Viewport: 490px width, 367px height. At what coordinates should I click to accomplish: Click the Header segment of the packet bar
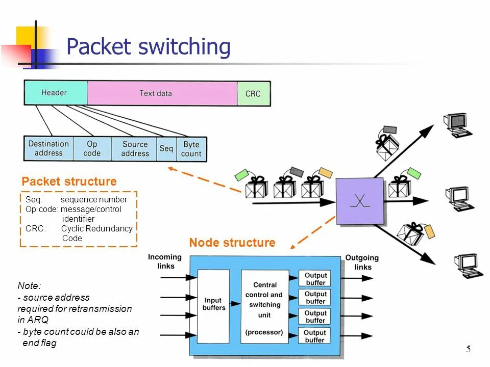[x=56, y=93]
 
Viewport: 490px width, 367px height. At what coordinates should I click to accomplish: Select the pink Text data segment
[x=162, y=93]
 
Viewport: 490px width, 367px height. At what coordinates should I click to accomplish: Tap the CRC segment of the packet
[x=254, y=94]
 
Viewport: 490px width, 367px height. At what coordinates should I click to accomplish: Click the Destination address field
[x=49, y=148]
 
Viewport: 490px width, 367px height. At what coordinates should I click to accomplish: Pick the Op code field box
[x=92, y=148]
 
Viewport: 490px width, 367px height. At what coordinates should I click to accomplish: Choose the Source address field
[x=134, y=149]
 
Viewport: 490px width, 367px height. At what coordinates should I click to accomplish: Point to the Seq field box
[x=166, y=149]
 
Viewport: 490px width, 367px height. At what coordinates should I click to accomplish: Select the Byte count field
[x=191, y=149]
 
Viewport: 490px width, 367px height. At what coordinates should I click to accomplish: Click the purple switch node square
[x=360, y=201]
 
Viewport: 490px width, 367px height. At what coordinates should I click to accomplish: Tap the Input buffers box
[x=214, y=306]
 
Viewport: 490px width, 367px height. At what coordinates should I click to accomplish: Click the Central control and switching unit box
[x=265, y=307]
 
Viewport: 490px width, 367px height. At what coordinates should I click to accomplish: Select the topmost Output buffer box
[x=315, y=278]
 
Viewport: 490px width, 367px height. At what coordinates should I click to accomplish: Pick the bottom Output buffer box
[x=315, y=336]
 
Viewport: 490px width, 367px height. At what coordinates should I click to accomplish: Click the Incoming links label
[x=165, y=261]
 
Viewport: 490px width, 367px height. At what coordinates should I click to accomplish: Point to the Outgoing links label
[x=362, y=263]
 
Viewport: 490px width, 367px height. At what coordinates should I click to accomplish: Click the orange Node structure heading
[x=232, y=243]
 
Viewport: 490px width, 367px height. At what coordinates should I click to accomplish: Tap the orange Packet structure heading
[x=69, y=181]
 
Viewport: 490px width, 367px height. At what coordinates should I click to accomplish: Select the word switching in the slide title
[x=184, y=47]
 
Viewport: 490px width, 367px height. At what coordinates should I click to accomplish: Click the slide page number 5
[x=468, y=349]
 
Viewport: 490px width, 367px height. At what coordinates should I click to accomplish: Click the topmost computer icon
[x=457, y=125]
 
